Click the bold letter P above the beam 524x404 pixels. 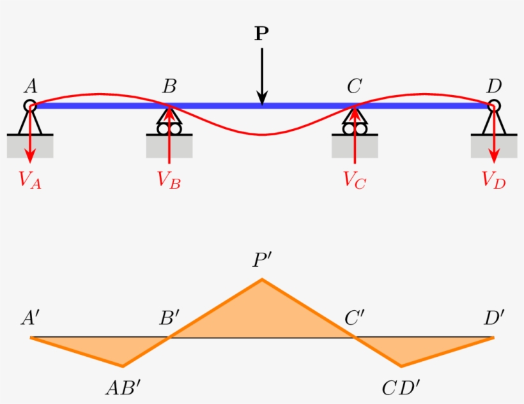click(261, 34)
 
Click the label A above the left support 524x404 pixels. click(29, 86)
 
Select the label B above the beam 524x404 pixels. click(169, 86)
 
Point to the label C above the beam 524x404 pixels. click(354, 86)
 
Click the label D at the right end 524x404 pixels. click(493, 86)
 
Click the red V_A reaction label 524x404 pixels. click(30, 180)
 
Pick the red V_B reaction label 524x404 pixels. click(169, 180)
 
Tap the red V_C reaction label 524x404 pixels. click(355, 180)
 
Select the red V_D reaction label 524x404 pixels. click(494, 180)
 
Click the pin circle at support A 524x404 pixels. click(30, 106)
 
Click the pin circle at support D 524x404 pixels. click(493, 106)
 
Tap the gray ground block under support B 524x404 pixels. click(169, 147)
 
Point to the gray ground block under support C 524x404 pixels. click(354, 147)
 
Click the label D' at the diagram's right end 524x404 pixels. click(494, 318)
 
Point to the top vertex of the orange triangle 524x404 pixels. click(261, 280)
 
